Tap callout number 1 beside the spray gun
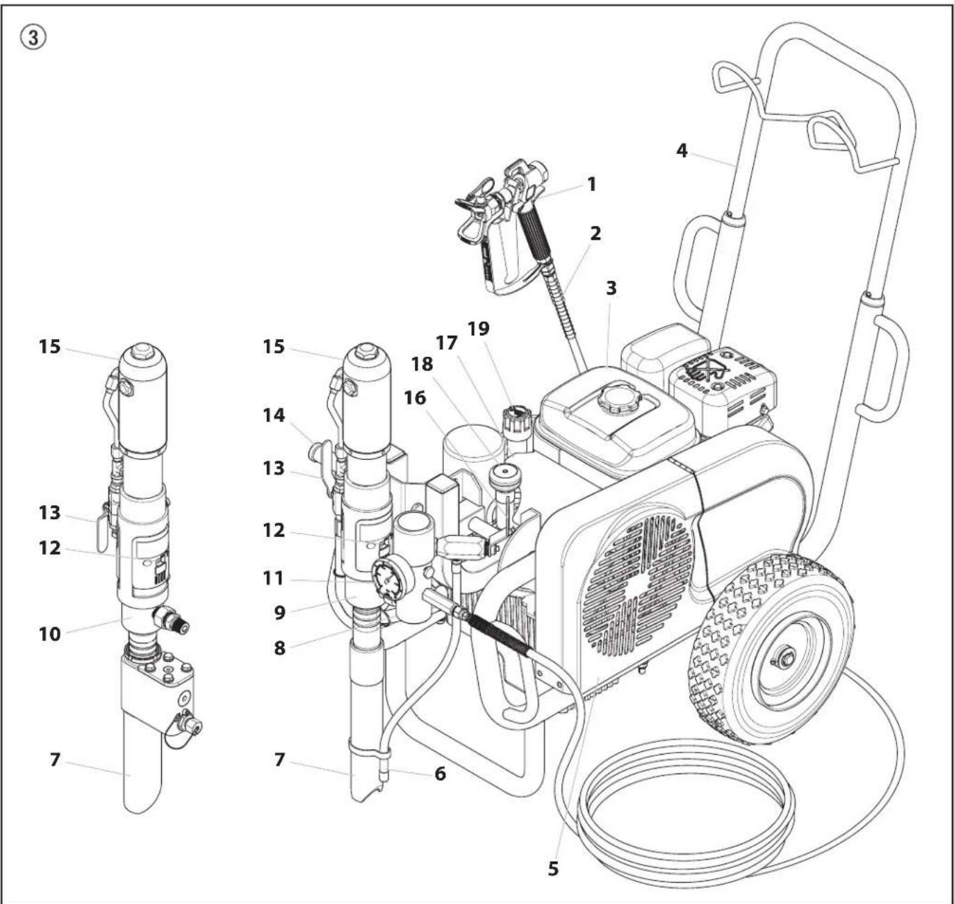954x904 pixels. pos(591,184)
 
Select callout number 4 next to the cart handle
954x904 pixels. pos(682,150)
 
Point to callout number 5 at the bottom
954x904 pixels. pos(553,869)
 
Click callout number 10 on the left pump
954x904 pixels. pos(49,634)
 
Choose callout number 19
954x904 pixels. pos(479,328)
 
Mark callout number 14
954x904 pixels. pos(274,416)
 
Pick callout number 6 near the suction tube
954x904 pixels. pos(440,773)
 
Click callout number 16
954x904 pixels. pos(416,398)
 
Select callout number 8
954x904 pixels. pos(279,648)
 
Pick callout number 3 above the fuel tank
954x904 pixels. pos(611,288)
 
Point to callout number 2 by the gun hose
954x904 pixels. pos(595,233)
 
